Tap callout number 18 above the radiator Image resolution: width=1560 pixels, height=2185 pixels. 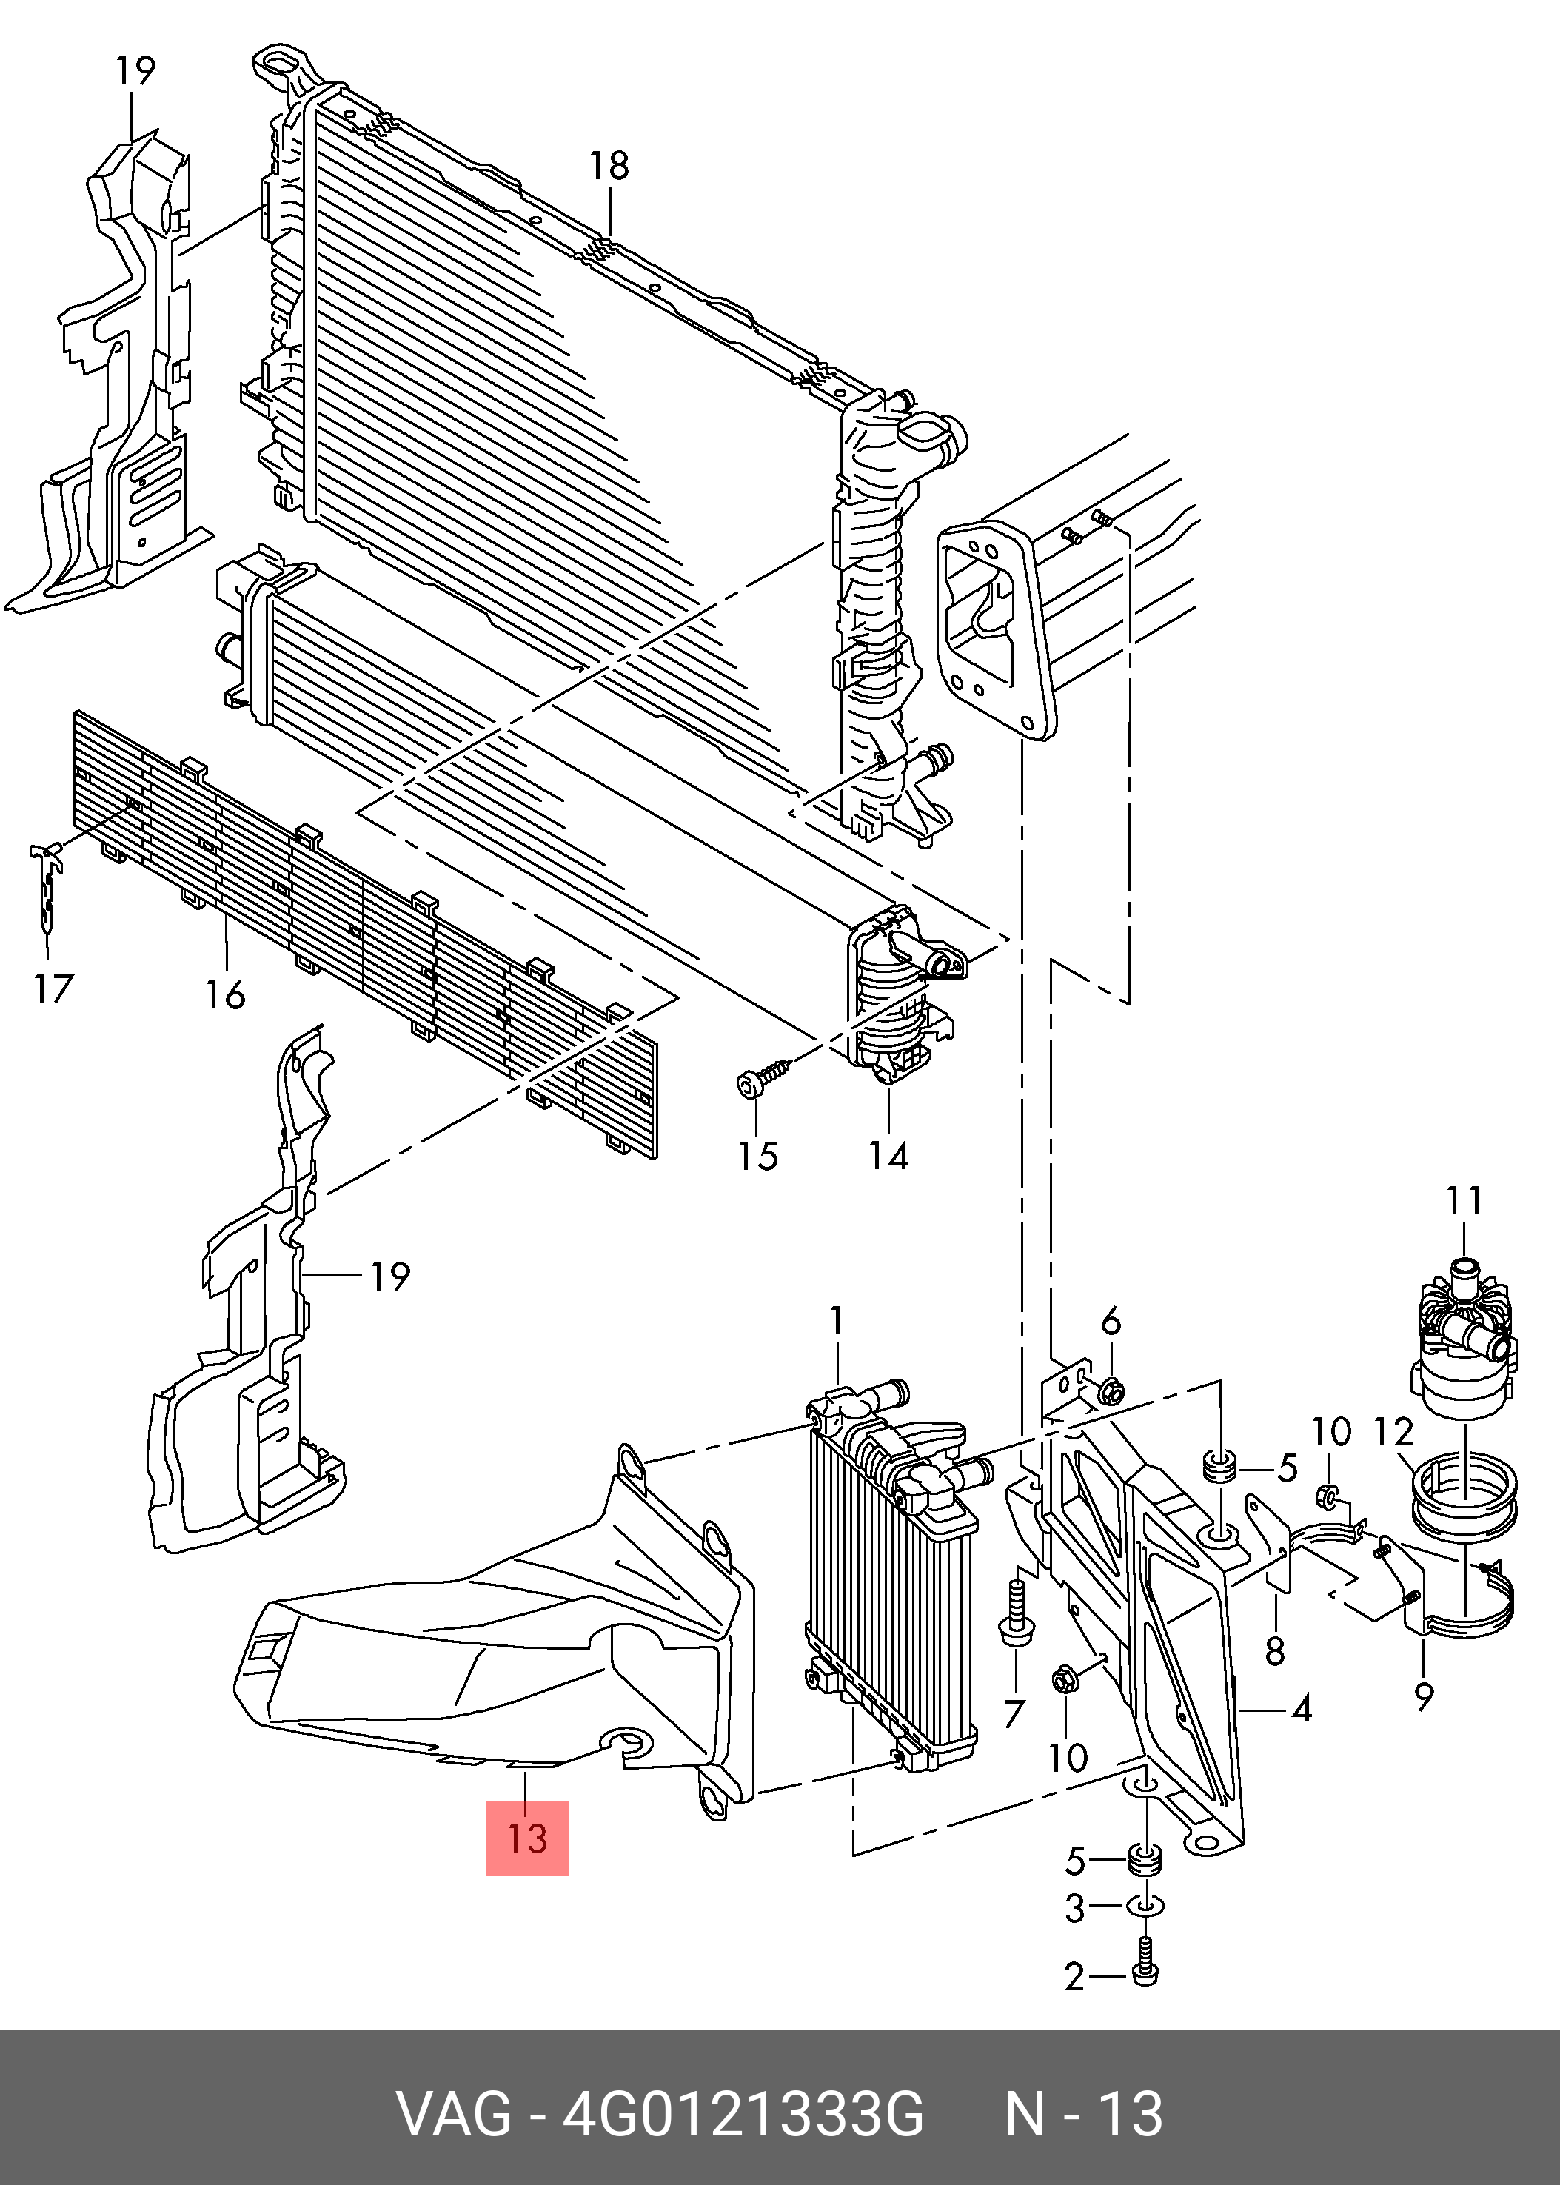(609, 166)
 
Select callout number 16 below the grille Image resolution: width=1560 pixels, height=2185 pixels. (225, 995)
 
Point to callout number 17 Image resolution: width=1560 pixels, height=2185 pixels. (54, 988)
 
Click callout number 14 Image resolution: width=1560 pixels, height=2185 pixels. (888, 1155)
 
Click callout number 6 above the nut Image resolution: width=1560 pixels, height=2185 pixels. (1111, 1322)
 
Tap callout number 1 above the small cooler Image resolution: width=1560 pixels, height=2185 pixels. (837, 1321)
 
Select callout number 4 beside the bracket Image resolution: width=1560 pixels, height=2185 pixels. (1301, 1709)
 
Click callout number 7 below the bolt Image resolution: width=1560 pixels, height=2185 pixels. (1014, 1713)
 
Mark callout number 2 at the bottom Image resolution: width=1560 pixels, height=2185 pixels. (1074, 1977)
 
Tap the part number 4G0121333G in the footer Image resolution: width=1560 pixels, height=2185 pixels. (743, 2114)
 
